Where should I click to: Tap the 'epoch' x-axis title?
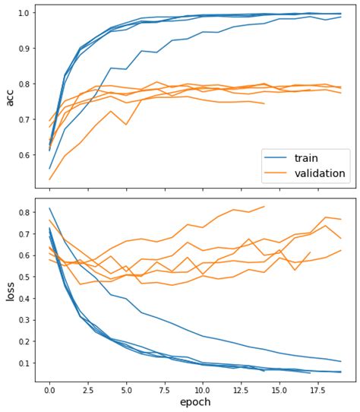click(x=195, y=401)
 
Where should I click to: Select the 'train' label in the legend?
click(x=307, y=156)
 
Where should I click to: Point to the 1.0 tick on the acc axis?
click(x=22, y=13)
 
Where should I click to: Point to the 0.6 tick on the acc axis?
click(x=22, y=155)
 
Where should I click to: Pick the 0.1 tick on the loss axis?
click(x=22, y=363)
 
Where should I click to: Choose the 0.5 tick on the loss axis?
click(x=22, y=276)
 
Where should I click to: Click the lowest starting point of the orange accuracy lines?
click(x=49, y=179)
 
